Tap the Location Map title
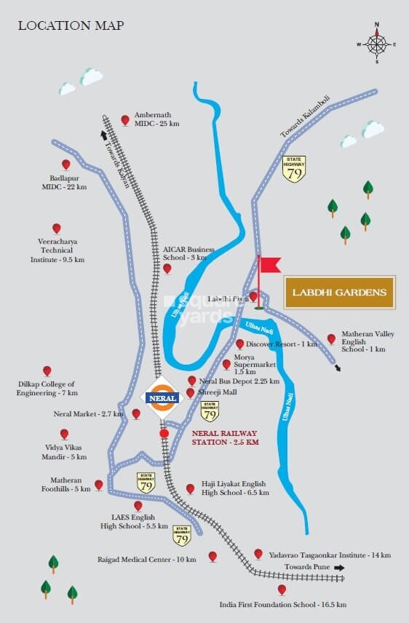pos(71,26)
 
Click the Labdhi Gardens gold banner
pos(339,293)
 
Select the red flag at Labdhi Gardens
pos(269,264)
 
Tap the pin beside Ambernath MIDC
pos(125,119)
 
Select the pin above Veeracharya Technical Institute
pos(56,229)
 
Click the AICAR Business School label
pos(190,253)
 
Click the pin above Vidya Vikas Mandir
pos(64,434)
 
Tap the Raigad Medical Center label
pos(147,560)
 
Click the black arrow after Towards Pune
pos(338,567)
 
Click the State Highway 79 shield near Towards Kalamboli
pos(294,169)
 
